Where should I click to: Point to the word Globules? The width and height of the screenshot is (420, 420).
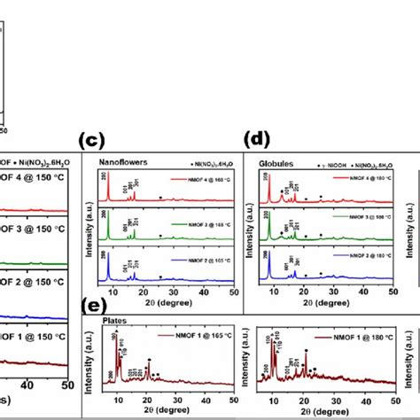[276, 164]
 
